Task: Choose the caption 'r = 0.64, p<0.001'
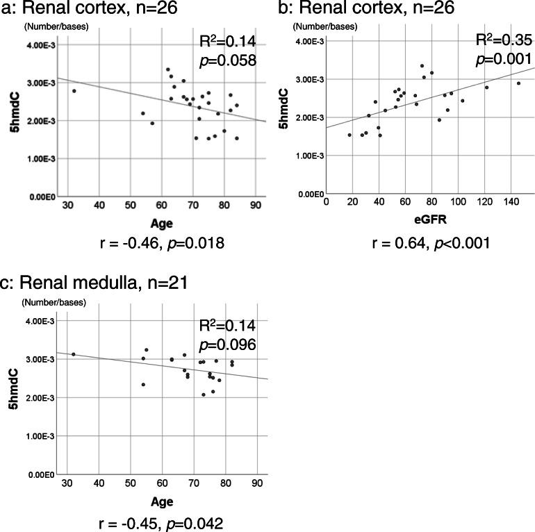(430, 242)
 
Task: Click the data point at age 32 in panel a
(74, 91)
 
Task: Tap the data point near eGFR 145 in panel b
(518, 83)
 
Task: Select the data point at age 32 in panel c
(74, 354)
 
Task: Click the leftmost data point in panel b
(349, 135)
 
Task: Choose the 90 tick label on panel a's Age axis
(255, 206)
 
